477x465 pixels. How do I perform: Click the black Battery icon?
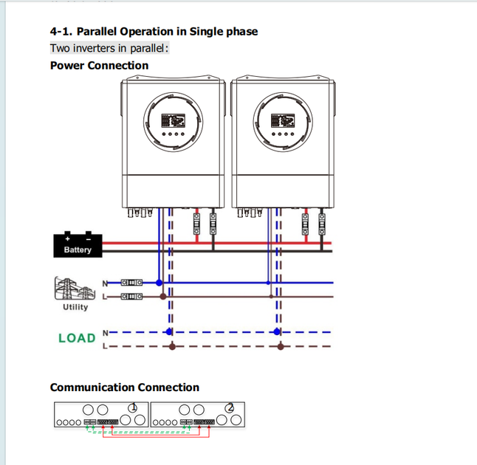point(78,245)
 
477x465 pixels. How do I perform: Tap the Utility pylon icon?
point(75,289)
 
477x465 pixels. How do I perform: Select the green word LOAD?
point(77,338)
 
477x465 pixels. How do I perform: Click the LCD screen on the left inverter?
point(173,120)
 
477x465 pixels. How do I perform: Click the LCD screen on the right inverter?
point(283,120)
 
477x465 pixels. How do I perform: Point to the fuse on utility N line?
point(131,283)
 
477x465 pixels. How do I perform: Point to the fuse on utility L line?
point(131,296)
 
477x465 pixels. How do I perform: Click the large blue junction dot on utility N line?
point(159,283)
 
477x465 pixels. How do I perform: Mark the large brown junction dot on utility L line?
point(163,297)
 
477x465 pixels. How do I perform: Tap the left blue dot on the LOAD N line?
point(169,332)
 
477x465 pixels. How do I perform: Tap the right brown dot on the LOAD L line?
point(281,346)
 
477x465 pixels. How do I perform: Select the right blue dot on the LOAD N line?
point(276,332)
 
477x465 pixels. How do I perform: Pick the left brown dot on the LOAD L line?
point(173,346)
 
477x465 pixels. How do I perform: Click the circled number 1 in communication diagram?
point(133,407)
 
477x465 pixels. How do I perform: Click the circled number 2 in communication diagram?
point(230,407)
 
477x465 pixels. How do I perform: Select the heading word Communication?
point(92,387)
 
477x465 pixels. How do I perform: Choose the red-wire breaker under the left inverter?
point(197,224)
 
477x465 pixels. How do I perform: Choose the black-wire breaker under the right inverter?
point(321,224)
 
